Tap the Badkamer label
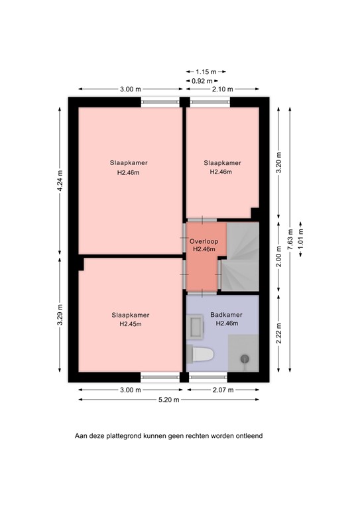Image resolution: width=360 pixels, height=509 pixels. (x=226, y=315)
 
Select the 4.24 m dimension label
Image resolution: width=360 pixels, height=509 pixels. (x=59, y=180)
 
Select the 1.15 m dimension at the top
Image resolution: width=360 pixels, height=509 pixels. (x=207, y=71)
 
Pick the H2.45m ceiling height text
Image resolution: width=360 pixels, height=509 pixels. (x=130, y=325)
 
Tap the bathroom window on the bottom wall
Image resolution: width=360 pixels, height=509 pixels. (x=209, y=376)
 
